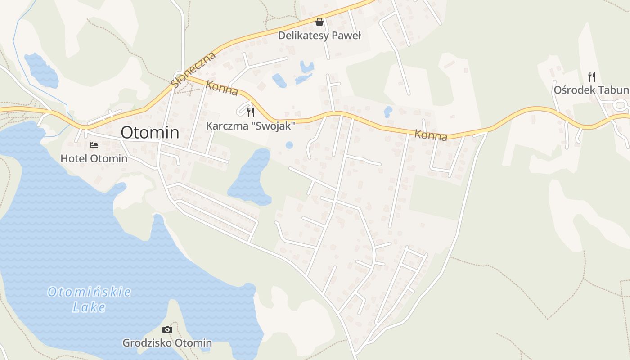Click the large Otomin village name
(150, 132)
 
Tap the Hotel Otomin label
(94, 159)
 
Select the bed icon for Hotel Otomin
(94, 145)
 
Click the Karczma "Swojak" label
(250, 126)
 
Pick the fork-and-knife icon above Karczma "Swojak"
(251, 112)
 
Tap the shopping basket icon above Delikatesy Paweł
(319, 22)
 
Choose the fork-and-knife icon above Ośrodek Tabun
(592, 77)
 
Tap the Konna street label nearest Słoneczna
(221, 88)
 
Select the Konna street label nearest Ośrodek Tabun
(431, 135)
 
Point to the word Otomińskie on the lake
(89, 292)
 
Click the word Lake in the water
(89, 307)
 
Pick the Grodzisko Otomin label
(167, 343)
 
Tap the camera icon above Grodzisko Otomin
(167, 330)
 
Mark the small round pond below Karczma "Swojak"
(289, 145)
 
